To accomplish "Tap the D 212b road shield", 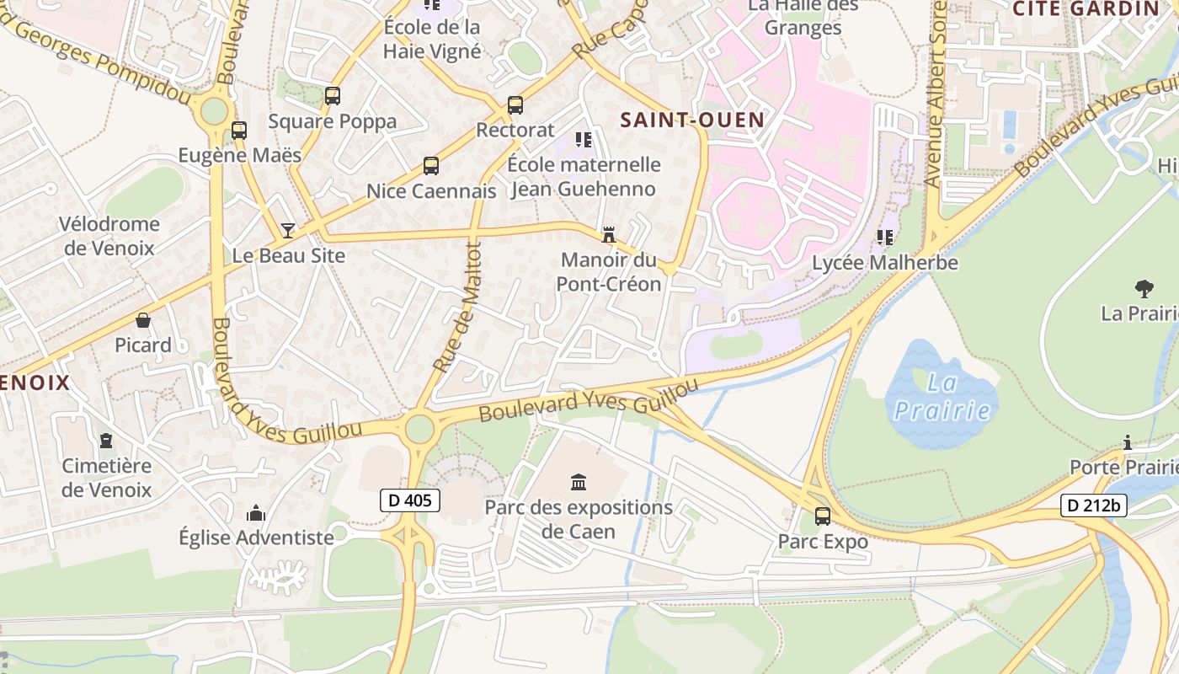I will [x=1093, y=505].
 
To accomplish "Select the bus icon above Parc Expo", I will [x=823, y=516].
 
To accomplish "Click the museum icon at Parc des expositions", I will [x=579, y=483].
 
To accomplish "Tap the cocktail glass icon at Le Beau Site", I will [x=288, y=230].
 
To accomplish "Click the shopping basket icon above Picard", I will [x=143, y=320].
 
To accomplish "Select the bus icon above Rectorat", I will [x=515, y=105].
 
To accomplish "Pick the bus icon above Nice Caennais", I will [x=431, y=166].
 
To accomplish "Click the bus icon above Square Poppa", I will [x=333, y=96].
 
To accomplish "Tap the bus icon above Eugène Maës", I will [x=239, y=131].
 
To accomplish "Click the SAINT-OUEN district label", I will [x=692, y=120].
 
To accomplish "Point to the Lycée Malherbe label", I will [x=884, y=263].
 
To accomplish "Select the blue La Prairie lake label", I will [x=942, y=397].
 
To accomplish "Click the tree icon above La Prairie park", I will [x=1144, y=289].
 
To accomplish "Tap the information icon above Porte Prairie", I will [x=1128, y=442].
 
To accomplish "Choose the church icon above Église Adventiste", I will [x=256, y=513].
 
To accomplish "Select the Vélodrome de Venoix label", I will [x=109, y=236].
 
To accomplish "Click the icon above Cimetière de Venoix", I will [x=106, y=441].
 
